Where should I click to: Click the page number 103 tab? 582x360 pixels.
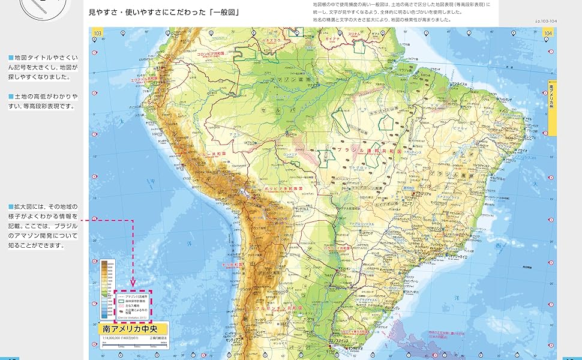coord(96,32)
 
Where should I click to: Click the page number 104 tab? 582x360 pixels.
coord(547,32)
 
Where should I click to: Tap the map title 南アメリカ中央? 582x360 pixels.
coord(133,329)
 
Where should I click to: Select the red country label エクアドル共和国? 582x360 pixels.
coord(144,78)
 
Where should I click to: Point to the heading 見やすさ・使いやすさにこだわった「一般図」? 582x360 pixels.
coord(160,11)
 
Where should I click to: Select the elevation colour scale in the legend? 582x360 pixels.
coord(107,287)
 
